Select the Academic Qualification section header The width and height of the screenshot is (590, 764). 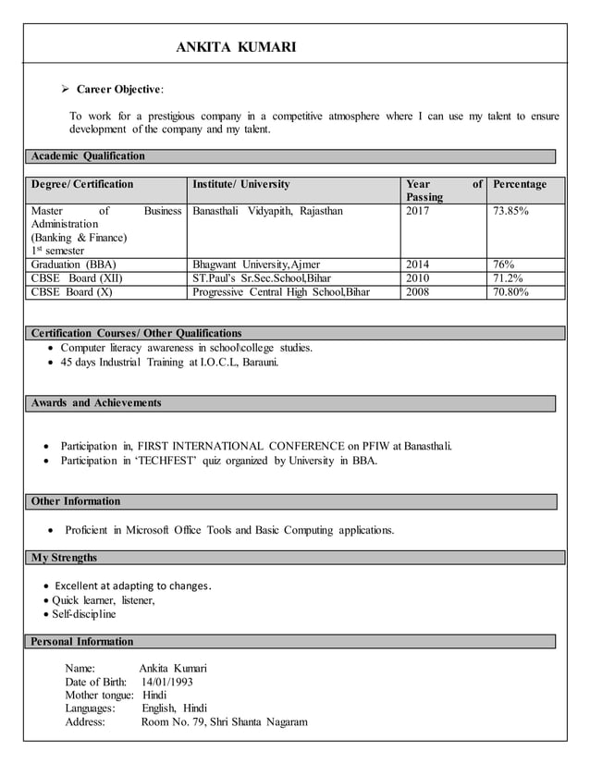tap(88, 156)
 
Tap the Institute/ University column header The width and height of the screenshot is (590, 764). tap(240, 185)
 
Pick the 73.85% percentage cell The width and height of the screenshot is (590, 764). tap(510, 212)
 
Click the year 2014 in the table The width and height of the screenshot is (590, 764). tap(418, 265)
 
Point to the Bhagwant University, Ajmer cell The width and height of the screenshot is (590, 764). tap(255, 265)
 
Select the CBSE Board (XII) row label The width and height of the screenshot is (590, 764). tap(77, 278)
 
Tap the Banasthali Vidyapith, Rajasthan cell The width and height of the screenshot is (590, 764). tap(267, 212)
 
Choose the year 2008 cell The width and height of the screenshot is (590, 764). tap(418, 292)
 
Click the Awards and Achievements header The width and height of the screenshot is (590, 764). tap(96, 403)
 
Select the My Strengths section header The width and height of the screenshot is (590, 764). tap(64, 558)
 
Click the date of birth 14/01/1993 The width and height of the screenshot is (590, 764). tap(167, 682)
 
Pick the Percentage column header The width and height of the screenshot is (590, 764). tap(521, 185)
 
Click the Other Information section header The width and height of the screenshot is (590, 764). tap(76, 501)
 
